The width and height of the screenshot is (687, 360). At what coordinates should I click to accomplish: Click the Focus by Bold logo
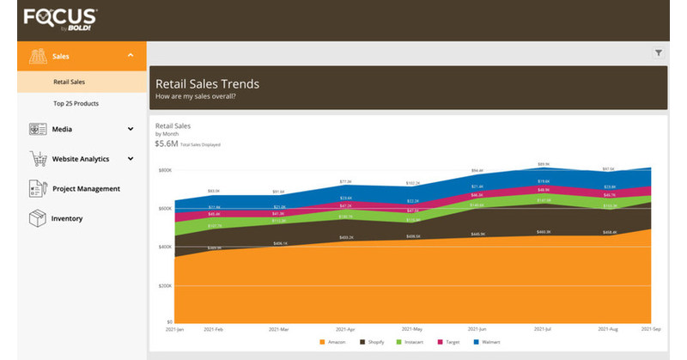60,18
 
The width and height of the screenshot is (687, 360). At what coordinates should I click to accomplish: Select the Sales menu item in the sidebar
60,55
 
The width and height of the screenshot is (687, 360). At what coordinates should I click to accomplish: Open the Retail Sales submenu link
70,82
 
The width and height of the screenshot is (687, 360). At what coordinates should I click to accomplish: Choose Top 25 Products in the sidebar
76,103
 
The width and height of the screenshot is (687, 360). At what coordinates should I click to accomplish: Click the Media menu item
62,129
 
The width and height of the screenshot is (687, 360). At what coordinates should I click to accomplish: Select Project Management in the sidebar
86,188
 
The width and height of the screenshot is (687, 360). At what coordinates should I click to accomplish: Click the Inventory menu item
67,218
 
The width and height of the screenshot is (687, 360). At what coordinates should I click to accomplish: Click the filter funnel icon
659,52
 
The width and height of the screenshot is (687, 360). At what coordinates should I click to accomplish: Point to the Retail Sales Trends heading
207,84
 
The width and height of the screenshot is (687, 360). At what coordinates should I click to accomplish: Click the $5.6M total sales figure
167,143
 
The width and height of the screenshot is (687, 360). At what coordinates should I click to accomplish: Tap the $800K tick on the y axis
164,170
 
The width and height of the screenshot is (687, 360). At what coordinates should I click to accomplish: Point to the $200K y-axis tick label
164,285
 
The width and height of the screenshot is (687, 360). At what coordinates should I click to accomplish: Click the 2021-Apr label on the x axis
344,328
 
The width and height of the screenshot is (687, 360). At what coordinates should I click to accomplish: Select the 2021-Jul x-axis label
542,328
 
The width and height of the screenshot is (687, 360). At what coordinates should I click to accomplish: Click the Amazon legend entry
335,342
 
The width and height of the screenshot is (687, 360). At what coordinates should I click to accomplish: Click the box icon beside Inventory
37,218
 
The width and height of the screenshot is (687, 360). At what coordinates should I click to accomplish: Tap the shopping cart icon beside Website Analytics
37,159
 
